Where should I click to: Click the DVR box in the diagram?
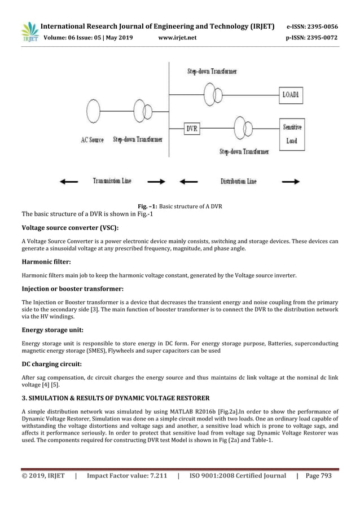point(192,128)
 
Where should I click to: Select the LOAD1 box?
point(291,96)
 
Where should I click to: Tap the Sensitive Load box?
point(291,134)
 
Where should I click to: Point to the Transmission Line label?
point(112,181)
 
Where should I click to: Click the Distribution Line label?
point(238,181)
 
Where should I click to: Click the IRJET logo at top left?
point(29,33)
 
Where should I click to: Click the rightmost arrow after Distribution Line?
point(291,182)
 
